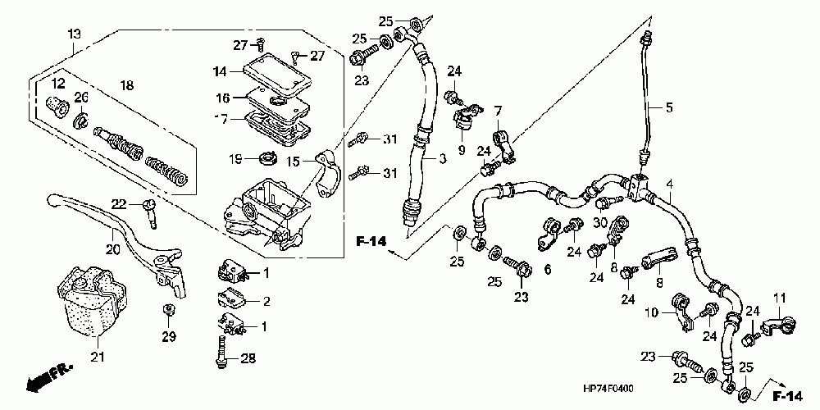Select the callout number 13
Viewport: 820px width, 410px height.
coord(75,34)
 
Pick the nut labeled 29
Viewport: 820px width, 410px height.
coord(169,309)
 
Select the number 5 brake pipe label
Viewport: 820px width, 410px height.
coord(668,107)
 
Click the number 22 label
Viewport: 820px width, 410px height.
coord(118,203)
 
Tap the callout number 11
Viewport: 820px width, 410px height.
coord(779,297)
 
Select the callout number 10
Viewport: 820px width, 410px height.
coord(652,312)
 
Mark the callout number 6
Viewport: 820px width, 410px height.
coord(547,270)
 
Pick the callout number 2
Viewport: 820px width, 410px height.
coord(265,302)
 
